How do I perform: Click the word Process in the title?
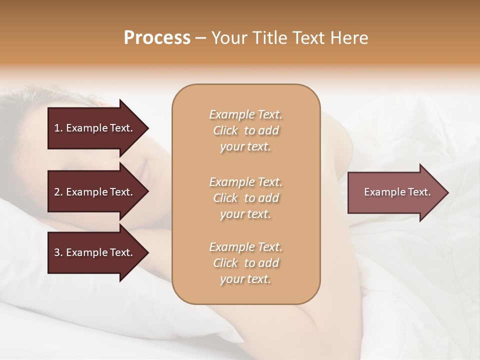[157, 38]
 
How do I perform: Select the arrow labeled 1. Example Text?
[95, 128]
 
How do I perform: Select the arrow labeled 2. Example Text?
[95, 192]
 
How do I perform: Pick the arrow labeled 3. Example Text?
[95, 252]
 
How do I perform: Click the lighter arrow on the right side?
[395, 192]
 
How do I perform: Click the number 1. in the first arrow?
[58, 128]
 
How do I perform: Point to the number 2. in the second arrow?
[58, 192]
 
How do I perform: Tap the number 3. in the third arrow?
[58, 252]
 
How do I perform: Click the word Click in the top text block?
[225, 131]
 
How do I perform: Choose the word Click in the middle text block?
[225, 198]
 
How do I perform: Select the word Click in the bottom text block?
[225, 263]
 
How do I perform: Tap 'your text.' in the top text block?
[245, 147]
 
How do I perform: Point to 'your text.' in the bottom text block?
[245, 279]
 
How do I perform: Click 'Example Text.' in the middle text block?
[245, 181]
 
